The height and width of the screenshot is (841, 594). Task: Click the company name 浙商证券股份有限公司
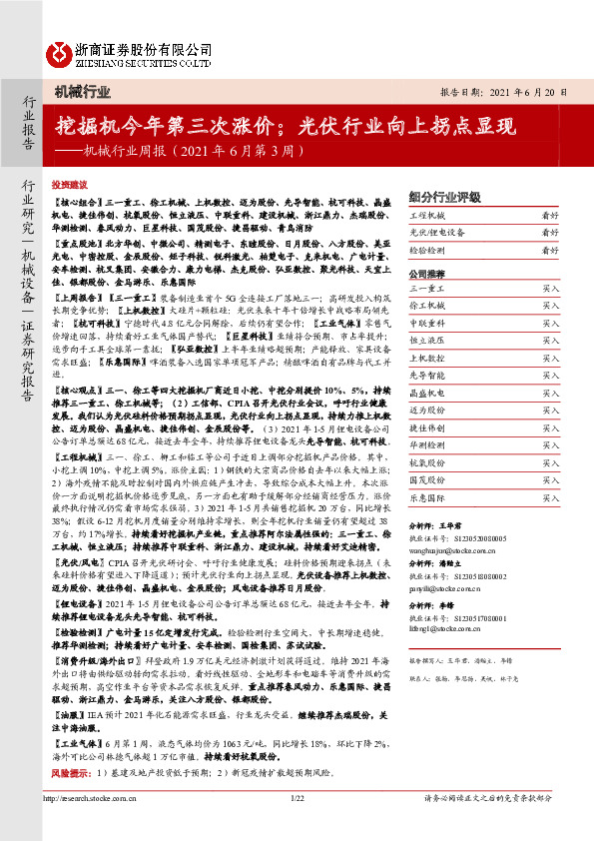pyautogui.click(x=144, y=45)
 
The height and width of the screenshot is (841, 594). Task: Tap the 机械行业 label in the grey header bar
pyautogui.click(x=82, y=92)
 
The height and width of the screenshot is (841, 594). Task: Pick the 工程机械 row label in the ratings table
pyautogui.click(x=428, y=216)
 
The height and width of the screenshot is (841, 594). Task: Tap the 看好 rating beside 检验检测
pyautogui.click(x=550, y=251)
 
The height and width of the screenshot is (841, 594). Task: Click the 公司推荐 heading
pyautogui.click(x=426, y=273)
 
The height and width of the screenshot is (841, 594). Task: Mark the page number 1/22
pyautogui.click(x=297, y=826)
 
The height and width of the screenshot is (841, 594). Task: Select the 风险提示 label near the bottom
pyautogui.click(x=69, y=772)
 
